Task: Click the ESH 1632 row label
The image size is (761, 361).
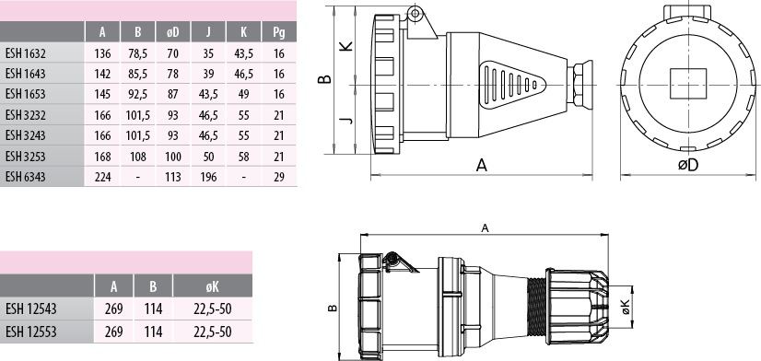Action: [26, 52]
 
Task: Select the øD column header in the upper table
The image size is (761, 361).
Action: [173, 32]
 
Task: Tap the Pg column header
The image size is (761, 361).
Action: [278, 32]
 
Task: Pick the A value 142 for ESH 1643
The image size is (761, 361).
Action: [102, 74]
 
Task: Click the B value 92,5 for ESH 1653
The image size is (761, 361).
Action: [138, 94]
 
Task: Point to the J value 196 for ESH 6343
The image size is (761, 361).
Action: [208, 177]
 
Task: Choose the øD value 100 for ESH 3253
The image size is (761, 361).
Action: [173, 157]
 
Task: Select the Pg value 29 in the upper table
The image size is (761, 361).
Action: [278, 177]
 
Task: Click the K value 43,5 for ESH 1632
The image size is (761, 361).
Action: [243, 53]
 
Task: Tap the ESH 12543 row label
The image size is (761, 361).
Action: [31, 309]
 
